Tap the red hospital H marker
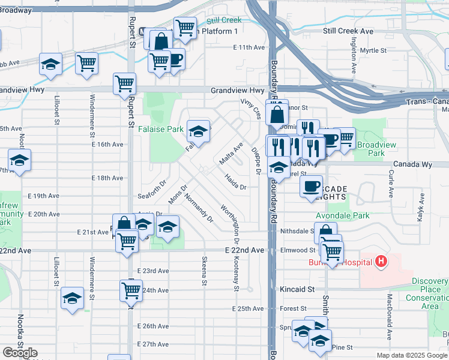pyautogui.click(x=380, y=261)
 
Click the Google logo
pyautogui.click(x=20, y=352)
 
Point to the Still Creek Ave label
pyautogui.click(x=348, y=31)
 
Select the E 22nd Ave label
pyautogui.click(x=244, y=250)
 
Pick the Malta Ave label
pyautogui.click(x=231, y=153)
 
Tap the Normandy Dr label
pyautogui.click(x=199, y=208)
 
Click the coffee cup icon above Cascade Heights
pyautogui.click(x=311, y=185)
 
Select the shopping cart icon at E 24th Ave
pyautogui.click(x=131, y=291)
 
